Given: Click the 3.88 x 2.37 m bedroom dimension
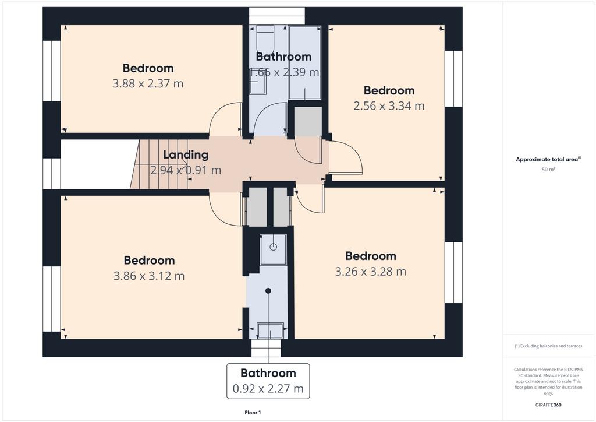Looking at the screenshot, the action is coord(148,83).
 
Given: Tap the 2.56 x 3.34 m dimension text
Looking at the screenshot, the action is coord(389,105).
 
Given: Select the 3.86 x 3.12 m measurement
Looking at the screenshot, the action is coord(149,276).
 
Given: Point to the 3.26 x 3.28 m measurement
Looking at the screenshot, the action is coord(371,272).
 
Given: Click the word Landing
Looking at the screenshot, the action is coord(186,155).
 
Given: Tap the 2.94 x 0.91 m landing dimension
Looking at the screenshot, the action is coord(186,170).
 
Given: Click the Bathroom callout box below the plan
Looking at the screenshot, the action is coord(268,381).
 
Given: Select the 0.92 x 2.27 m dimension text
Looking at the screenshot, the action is coord(268,389).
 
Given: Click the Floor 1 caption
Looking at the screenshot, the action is coord(253,413).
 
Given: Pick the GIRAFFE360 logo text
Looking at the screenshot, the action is coord(548,405).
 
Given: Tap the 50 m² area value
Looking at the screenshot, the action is coord(548,170).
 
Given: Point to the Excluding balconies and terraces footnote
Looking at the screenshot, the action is coord(548,346).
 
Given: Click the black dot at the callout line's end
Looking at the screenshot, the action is coord(268,291).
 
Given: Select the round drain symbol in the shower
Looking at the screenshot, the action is coord(274,247).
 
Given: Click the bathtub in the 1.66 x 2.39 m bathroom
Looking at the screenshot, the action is coord(304,62).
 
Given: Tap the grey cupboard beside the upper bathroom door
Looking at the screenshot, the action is coord(308,122).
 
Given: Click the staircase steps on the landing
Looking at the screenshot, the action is coord(160,164).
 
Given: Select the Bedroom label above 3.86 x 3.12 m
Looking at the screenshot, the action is coord(150,261).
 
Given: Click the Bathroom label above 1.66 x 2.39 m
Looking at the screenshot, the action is coord(283,57).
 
